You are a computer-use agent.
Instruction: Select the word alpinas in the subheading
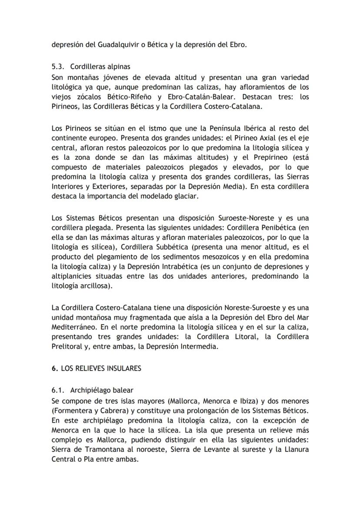116,67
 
